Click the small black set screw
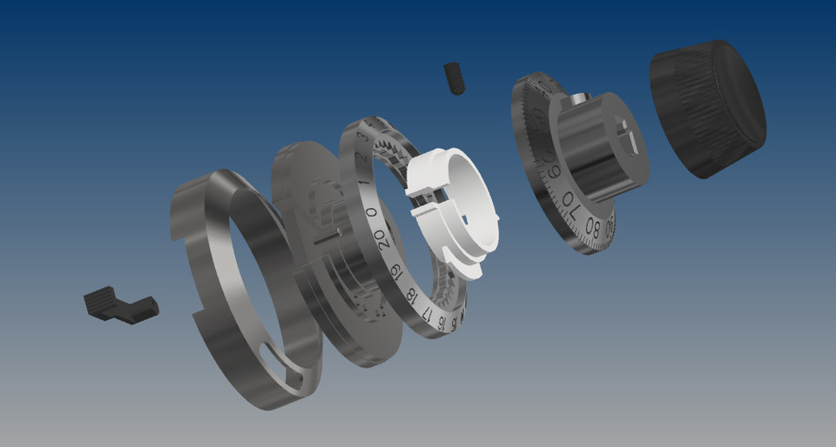tap(455, 78)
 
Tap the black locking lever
tap(120, 304)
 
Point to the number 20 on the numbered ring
tap(381, 237)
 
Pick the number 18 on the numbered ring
tap(411, 295)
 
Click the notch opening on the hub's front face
tap(629, 139)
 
